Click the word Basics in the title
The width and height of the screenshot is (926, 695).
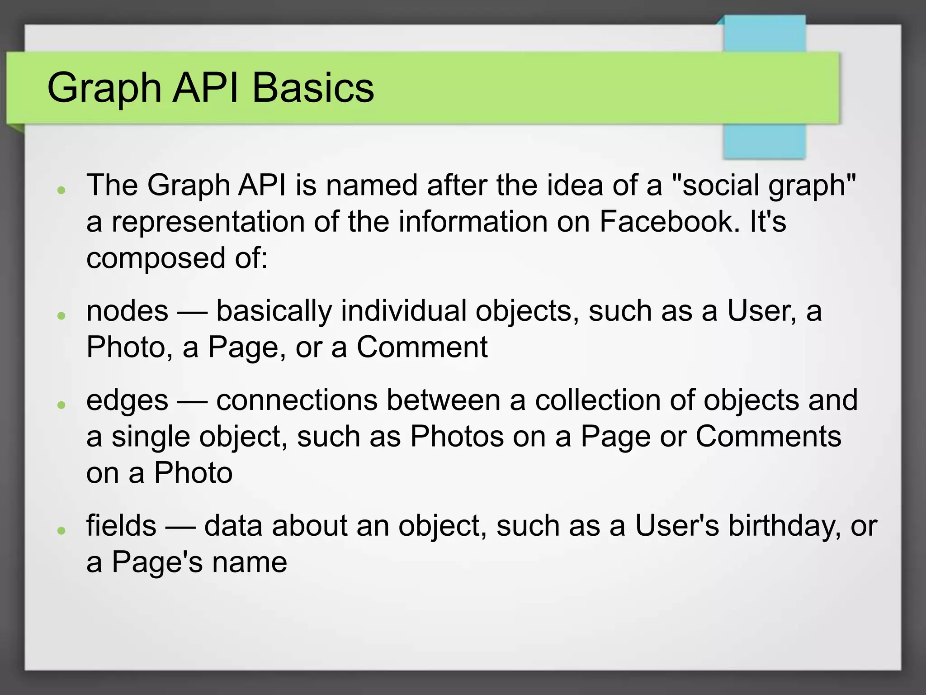pos(313,87)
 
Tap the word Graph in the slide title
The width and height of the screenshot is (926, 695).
pos(104,88)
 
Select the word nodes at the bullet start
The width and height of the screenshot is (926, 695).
pos(128,311)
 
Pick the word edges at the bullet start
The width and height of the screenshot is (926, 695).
pos(128,401)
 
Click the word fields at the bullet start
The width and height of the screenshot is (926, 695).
pos(121,526)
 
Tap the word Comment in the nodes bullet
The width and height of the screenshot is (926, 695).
pos(422,347)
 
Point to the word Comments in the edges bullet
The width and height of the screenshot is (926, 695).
pos(768,437)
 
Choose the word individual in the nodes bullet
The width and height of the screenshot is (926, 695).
pos(403,311)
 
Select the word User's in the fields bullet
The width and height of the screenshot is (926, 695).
pos(677,526)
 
